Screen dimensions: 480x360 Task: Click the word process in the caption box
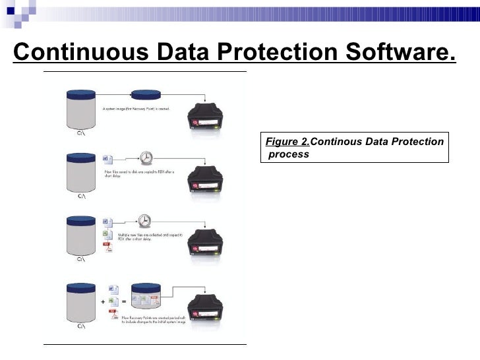tap(288, 155)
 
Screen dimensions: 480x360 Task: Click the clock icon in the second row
tap(146, 158)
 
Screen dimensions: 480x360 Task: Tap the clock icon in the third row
tap(146, 221)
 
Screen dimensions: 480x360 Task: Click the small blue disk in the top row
tap(147, 97)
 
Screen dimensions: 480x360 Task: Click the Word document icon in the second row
tap(109, 159)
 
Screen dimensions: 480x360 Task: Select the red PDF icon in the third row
tap(110, 246)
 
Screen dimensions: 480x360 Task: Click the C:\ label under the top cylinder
tap(82, 133)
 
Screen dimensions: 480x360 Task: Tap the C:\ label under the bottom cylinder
tap(82, 325)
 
